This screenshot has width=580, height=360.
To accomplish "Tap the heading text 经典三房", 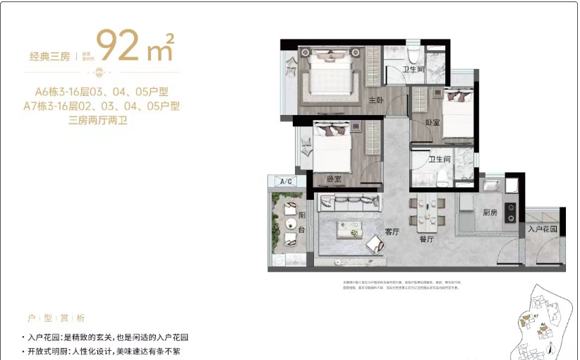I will coord(50,56).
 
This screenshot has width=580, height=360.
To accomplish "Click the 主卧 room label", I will coord(375,100).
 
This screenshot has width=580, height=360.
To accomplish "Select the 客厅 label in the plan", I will coord(392,232).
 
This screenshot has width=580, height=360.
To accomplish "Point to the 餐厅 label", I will coord(425,239).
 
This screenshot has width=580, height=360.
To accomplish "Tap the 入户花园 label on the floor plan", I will coord(543,229).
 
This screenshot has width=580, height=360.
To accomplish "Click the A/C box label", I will coord(286,182).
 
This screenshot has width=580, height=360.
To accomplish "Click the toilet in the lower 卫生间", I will coord(442,176).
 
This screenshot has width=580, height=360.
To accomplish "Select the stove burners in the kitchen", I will coord(510,212).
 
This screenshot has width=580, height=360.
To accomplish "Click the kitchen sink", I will coord(493,186).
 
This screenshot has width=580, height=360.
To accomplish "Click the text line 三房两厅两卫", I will coord(102,121).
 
